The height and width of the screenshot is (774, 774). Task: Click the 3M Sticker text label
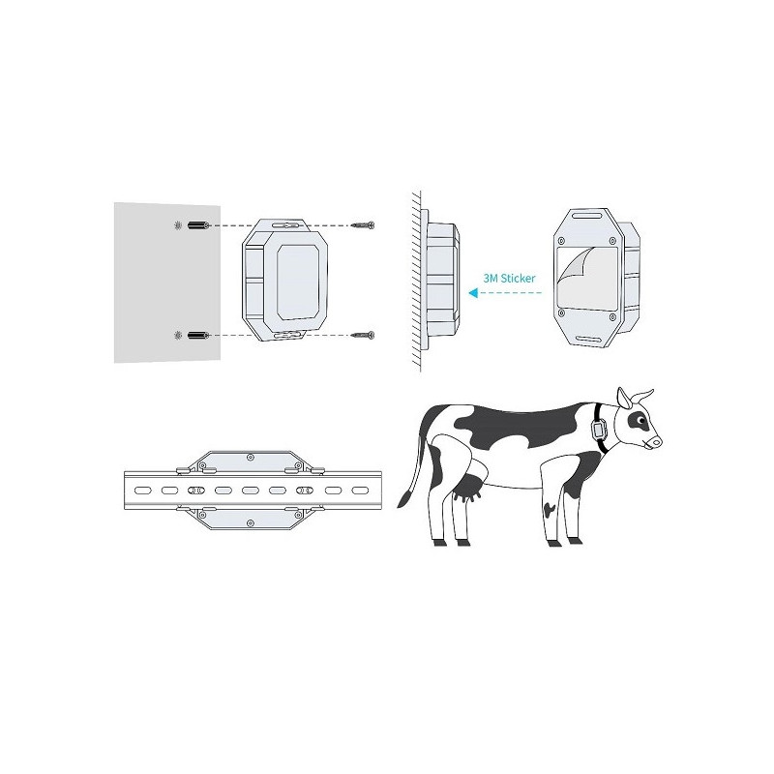pyautogui.click(x=509, y=279)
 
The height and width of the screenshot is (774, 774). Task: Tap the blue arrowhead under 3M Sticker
pyautogui.click(x=473, y=293)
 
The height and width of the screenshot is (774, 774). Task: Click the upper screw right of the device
pyautogui.click(x=363, y=225)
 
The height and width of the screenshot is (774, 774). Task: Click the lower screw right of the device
pyautogui.click(x=363, y=335)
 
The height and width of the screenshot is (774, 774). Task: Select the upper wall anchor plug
pyautogui.click(x=199, y=225)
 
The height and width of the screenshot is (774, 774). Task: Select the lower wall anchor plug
pyautogui.click(x=199, y=335)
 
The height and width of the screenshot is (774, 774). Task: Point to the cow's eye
pyautogui.click(x=640, y=421)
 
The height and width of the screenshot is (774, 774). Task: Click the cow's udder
pyautogui.click(x=468, y=488)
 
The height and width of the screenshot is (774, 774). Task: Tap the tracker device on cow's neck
pyautogui.click(x=599, y=429)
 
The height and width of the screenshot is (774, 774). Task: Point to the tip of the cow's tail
pyautogui.click(x=401, y=499)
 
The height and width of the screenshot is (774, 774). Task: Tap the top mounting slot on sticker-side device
pyautogui.click(x=584, y=215)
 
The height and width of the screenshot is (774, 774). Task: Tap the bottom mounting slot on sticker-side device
pyautogui.click(x=590, y=340)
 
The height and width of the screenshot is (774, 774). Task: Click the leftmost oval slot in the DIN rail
pyautogui.click(x=142, y=491)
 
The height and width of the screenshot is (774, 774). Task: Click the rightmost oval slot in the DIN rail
pyautogui.click(x=360, y=491)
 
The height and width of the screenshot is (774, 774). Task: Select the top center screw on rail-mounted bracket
pyautogui.click(x=251, y=458)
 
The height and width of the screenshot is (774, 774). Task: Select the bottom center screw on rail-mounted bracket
pyautogui.click(x=251, y=522)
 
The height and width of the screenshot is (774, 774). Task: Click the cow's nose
pyautogui.click(x=656, y=442)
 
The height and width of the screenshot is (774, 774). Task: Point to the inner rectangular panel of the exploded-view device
pyautogui.click(x=297, y=281)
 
